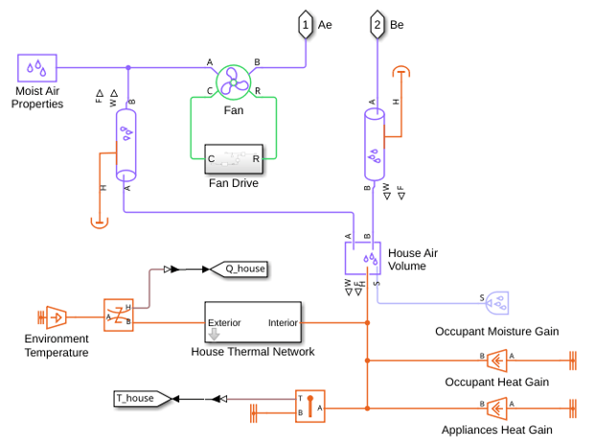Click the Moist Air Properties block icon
pos(37,68)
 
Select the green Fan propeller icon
pos(234,83)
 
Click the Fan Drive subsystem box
pos(234,159)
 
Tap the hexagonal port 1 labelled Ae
pos(306,25)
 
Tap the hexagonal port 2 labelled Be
pos(377,25)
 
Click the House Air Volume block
pos(363,258)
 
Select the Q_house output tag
pos(239,269)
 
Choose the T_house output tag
pos(143,398)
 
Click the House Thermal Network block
pos(253,322)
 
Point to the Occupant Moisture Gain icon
pos(497,303)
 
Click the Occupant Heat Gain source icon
pos(497,361)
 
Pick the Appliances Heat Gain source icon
pos(497,409)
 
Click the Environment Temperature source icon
pos(57,318)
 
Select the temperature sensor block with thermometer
pos(310,406)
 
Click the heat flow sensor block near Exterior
pos(119,316)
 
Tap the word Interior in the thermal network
pos(283,323)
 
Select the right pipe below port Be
pos(375,145)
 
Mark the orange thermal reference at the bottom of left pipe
pos(100,223)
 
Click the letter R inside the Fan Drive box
pos(256,159)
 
